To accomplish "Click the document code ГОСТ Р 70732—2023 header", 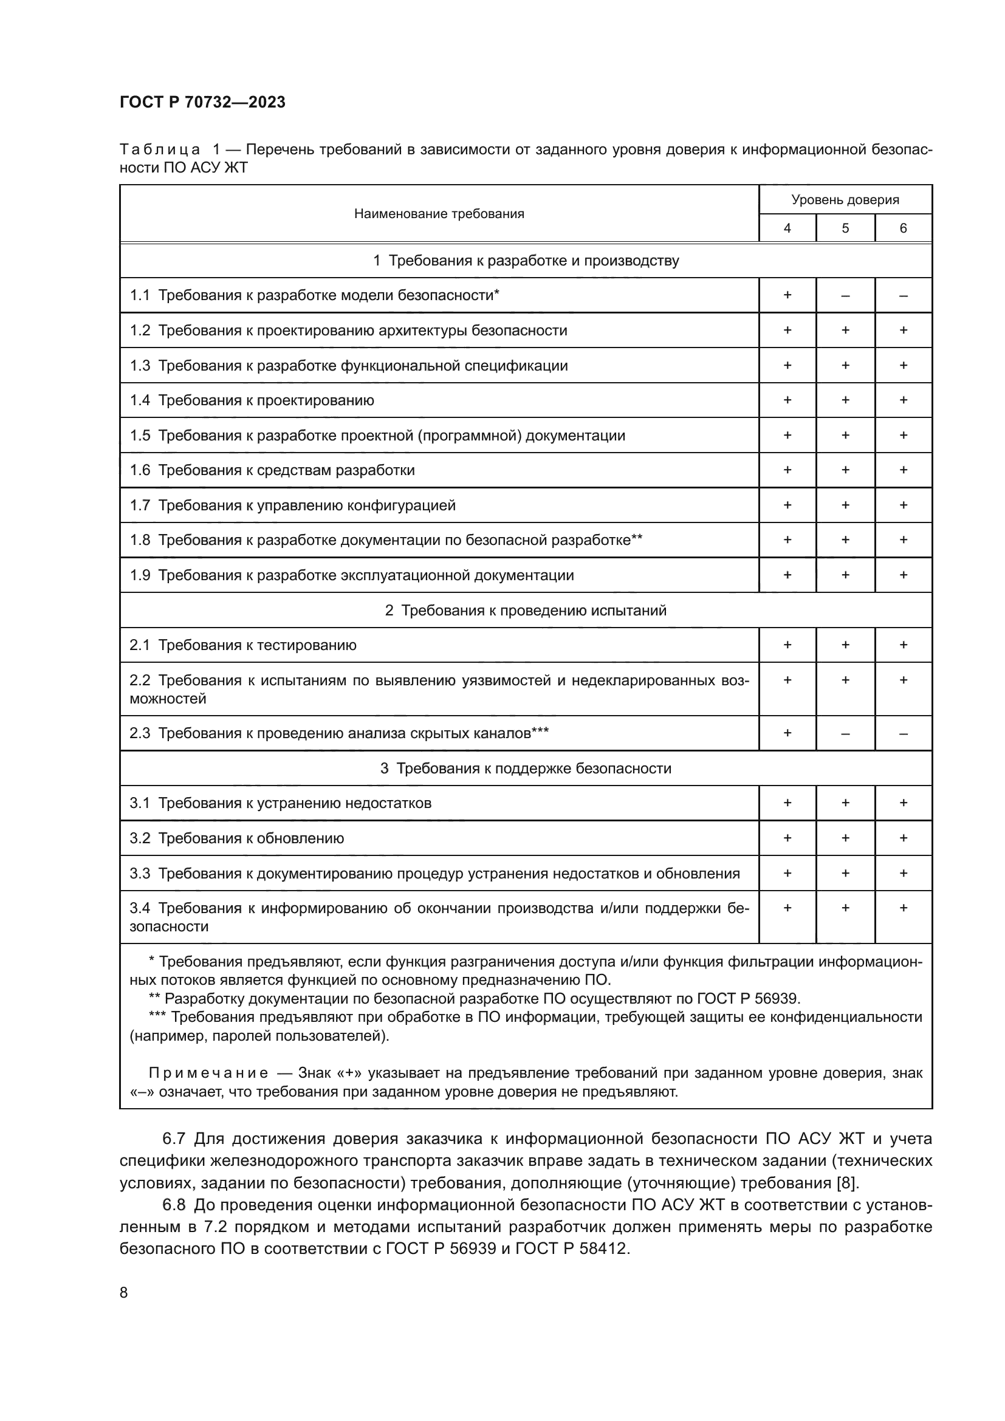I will pyautogui.click(x=202, y=102).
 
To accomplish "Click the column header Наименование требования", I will pyautogui.click(x=439, y=213).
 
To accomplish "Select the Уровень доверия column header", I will pyautogui.click(x=845, y=199).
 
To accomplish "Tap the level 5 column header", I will pyautogui.click(x=845, y=228).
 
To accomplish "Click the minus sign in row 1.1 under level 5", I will pyautogui.click(x=845, y=295).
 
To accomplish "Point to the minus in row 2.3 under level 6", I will pyautogui.click(x=903, y=733).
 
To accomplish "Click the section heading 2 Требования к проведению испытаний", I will pyautogui.click(x=526, y=610).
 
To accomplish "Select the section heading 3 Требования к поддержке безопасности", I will pyautogui.click(x=526, y=768).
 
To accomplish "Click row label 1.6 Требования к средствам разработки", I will pyautogui.click(x=272, y=470).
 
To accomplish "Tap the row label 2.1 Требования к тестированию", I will pyautogui.click(x=242, y=645).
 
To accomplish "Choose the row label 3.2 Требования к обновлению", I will pyautogui.click(x=236, y=838).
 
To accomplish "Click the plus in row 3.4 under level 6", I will pyautogui.click(x=903, y=908).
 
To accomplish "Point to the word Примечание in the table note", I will pyautogui.click(x=208, y=1072).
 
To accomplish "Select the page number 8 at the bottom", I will pyautogui.click(x=124, y=1293).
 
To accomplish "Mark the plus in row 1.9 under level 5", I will pyautogui.click(x=845, y=575).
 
